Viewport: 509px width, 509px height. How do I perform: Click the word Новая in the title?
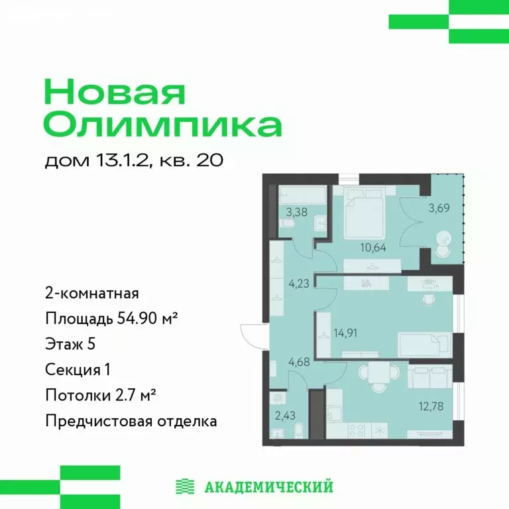coord(115,91)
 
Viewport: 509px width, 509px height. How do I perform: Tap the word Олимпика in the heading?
coord(162,125)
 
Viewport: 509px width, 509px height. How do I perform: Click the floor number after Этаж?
coord(101,344)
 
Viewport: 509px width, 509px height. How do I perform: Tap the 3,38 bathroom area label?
coord(289,213)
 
